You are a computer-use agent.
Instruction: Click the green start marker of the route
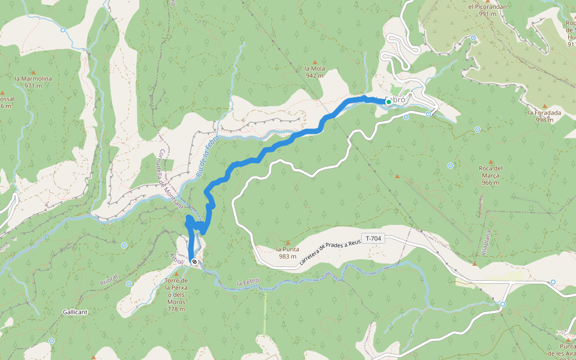point(389,103)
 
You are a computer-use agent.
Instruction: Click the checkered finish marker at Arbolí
point(194,262)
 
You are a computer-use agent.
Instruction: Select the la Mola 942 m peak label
point(314,72)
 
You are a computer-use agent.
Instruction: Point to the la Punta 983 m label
point(287,253)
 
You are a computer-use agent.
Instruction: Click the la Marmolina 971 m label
point(34,82)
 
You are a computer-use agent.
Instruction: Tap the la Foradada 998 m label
point(544,116)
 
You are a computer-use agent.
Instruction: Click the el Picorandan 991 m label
point(487,10)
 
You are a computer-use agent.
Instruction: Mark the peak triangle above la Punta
point(287,242)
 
